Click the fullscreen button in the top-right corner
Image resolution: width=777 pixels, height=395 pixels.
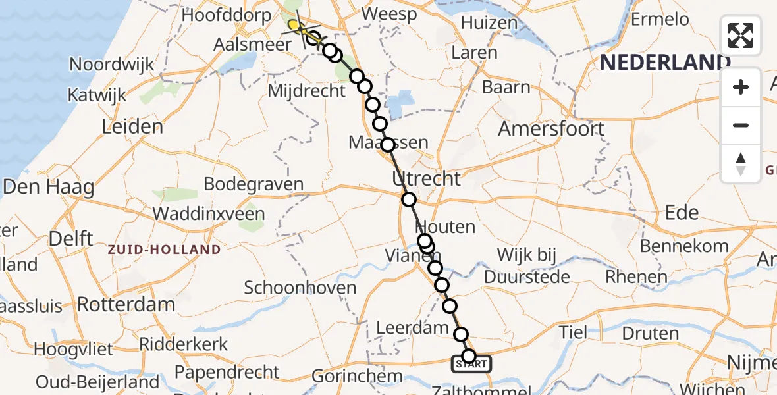(x=741, y=36)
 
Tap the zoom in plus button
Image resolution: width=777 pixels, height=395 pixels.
(x=741, y=87)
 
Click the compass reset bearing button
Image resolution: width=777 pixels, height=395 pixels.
(x=741, y=163)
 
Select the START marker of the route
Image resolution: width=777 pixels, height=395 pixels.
(x=471, y=363)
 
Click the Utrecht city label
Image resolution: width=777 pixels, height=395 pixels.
(x=427, y=178)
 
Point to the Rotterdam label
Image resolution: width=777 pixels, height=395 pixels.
(x=126, y=304)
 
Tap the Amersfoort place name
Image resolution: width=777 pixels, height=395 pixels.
(x=551, y=128)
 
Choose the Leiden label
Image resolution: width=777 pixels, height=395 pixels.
(x=132, y=126)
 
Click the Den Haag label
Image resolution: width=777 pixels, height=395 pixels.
(x=49, y=186)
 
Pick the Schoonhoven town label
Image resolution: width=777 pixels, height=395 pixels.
(x=300, y=288)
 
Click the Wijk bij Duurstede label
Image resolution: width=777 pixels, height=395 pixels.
(x=527, y=266)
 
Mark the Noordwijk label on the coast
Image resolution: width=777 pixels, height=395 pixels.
(x=112, y=65)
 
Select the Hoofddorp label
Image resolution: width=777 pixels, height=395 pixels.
(x=227, y=15)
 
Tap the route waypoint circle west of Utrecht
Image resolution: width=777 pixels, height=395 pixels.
(x=409, y=199)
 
